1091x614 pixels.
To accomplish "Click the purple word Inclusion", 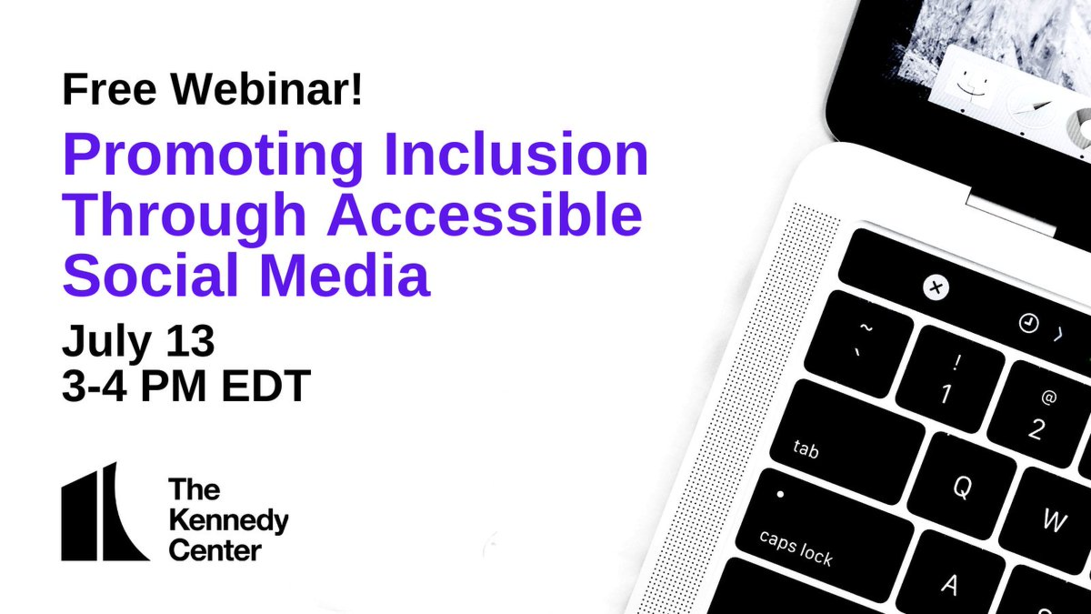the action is (516, 154).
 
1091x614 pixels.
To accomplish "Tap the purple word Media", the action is (345, 275).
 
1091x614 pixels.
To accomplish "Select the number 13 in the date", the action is (190, 341).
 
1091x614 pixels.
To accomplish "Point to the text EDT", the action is (266, 386).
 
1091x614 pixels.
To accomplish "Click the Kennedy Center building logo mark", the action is (105, 511).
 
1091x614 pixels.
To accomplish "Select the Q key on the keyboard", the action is (962, 486).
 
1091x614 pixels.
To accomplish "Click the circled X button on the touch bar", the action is (936, 287).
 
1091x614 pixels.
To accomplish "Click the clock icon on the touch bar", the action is (1028, 323).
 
